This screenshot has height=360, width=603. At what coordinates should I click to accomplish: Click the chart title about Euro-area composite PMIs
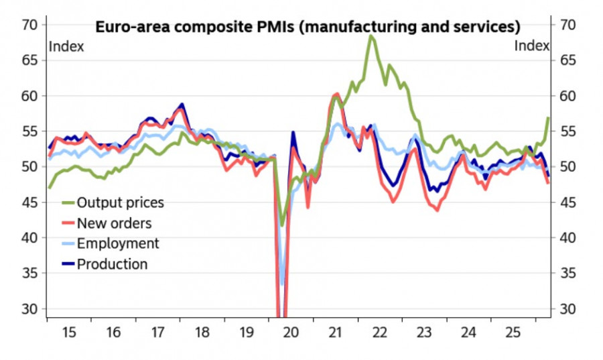coord(308,27)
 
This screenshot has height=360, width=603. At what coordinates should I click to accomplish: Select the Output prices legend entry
coord(120,202)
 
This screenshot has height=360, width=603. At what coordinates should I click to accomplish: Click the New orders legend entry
coord(114,223)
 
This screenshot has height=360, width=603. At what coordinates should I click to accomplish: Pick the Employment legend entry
coord(118,243)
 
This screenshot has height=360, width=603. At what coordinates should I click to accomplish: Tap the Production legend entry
coord(112,264)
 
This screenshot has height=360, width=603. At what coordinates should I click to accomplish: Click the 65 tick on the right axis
coord(567,60)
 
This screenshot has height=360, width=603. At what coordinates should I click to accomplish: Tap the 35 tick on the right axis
coord(567,273)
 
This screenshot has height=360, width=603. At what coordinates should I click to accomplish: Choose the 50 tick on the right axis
coord(567,167)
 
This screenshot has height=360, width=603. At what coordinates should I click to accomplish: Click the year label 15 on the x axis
coord(69,332)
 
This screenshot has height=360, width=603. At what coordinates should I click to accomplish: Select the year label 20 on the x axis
coord(291,332)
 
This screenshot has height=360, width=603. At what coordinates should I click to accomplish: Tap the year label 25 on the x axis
coord(513,332)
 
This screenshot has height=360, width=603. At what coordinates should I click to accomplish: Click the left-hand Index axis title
coord(66,46)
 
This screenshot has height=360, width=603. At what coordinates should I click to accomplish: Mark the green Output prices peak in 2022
coord(371,36)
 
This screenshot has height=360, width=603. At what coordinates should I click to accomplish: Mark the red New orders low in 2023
coord(438,210)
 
